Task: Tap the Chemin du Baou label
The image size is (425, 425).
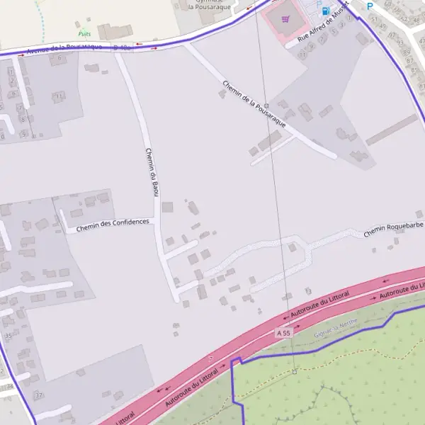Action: tap(151, 171)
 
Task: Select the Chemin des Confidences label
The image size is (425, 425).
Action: tap(113, 225)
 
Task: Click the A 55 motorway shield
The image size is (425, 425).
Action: tap(283, 332)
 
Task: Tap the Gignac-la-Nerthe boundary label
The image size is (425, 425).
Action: tap(336, 324)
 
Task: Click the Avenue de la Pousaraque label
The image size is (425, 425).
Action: tap(64, 48)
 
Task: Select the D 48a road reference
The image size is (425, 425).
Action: tap(122, 47)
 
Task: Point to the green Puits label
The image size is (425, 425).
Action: tap(85, 33)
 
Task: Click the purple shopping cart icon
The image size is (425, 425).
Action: tap(285, 18)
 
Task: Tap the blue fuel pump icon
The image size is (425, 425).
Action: tap(325, 11)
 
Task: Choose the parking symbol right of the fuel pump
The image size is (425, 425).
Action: tap(369, 6)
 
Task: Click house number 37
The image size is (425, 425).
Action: tap(39, 395)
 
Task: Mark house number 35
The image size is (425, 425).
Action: tap(8, 335)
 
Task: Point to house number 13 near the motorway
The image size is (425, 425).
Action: tap(307, 291)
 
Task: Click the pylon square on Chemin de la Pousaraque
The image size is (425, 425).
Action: tap(266, 105)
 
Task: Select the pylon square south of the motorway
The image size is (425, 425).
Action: tap(295, 371)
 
